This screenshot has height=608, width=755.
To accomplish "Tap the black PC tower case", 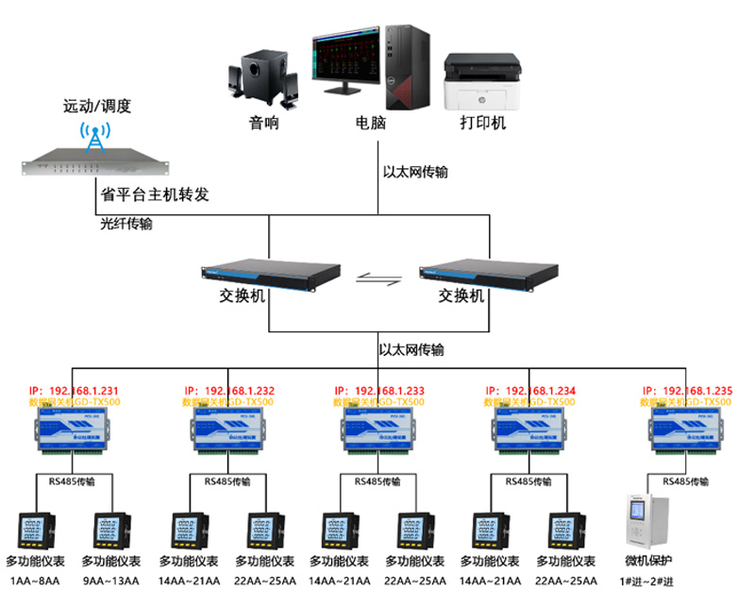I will coord(407,67).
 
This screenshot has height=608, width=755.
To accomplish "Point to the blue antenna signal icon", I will coord(93,136).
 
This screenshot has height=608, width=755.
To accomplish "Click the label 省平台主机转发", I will coord(154,194).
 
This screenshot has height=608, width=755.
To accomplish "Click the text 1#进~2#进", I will coord(646,580).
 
